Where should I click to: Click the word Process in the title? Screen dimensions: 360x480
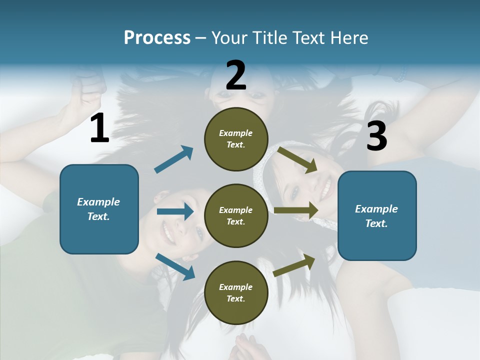157,37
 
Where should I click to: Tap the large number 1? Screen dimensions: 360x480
99,128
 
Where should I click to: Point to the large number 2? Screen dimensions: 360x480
236,75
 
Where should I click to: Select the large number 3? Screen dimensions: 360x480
376,136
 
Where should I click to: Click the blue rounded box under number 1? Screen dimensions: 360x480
99,209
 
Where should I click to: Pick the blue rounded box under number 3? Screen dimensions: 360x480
377,216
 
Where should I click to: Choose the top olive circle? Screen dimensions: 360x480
236,139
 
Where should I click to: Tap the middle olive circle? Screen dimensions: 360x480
236,216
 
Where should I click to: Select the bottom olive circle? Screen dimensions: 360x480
236,293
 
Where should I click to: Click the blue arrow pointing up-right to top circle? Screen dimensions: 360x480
173,159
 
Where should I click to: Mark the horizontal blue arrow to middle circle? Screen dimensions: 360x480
175,211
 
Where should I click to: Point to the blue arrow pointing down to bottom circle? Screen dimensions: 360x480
175,266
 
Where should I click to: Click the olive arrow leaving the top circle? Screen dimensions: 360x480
297,159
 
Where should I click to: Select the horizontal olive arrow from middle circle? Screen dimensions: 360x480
296,210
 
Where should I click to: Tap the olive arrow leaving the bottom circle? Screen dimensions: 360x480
294,265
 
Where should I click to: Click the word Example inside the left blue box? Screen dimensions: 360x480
98,202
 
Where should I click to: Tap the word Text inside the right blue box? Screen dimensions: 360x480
376,223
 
